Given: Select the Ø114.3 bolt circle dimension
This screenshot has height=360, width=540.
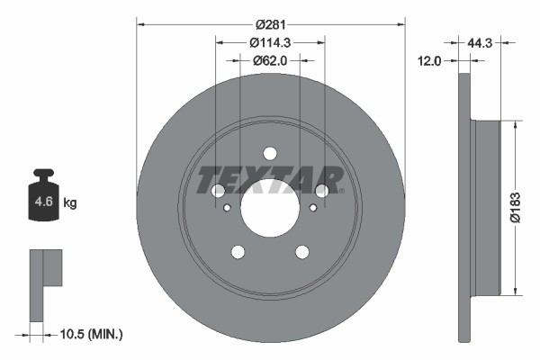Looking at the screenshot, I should [x=270, y=41].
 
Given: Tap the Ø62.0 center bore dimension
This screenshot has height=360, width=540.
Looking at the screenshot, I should [x=270, y=60].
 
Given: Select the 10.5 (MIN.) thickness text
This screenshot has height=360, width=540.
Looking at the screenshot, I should [x=90, y=334].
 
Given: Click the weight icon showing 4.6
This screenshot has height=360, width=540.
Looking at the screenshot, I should [x=42, y=201].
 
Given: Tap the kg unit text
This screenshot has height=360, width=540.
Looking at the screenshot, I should [x=70, y=203].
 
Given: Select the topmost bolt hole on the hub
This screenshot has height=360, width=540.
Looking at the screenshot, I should [x=270, y=153].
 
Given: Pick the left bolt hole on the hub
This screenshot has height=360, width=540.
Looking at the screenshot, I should [x=218, y=191].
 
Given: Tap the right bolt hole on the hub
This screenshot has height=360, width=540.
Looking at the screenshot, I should [x=322, y=191].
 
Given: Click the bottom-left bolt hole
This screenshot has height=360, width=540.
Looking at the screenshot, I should [x=238, y=251].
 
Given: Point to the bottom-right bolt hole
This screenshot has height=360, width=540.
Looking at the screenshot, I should [x=302, y=251].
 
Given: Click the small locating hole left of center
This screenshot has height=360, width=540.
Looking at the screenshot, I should [x=227, y=209].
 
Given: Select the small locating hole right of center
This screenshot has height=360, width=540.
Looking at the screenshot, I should [x=313, y=209].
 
